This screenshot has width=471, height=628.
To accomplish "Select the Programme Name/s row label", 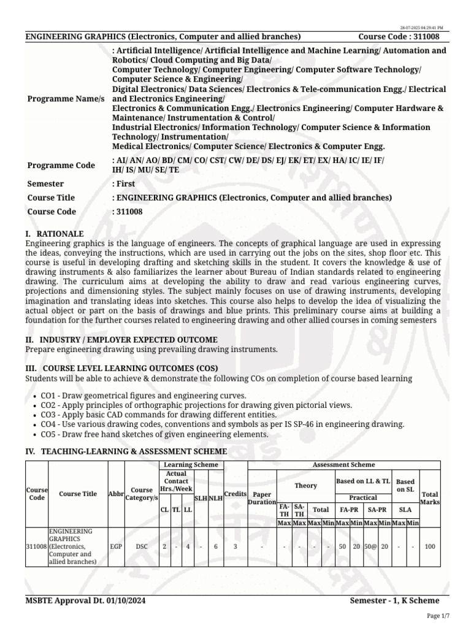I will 66,99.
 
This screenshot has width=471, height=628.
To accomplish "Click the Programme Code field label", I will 61,165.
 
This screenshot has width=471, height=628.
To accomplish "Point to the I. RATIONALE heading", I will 54,234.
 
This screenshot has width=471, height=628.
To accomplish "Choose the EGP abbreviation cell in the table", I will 116,545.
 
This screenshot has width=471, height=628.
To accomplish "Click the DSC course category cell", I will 141,545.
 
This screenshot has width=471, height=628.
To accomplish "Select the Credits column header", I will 235,494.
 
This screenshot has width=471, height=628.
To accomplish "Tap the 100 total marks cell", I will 430,545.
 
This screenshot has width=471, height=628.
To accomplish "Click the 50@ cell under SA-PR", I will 370,545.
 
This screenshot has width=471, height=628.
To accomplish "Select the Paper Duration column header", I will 262,497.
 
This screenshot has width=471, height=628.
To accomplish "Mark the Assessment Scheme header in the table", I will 343,465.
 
